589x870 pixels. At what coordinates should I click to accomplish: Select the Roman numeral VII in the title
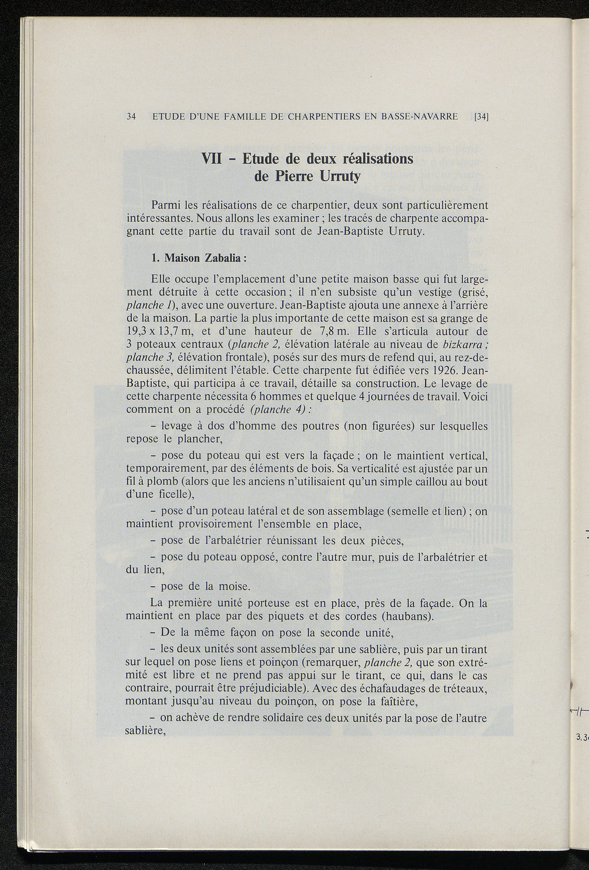tap(215, 158)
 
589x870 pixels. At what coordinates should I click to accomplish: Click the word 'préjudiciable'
tap(260, 688)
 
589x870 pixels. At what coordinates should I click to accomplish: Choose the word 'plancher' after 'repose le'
tap(197, 440)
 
